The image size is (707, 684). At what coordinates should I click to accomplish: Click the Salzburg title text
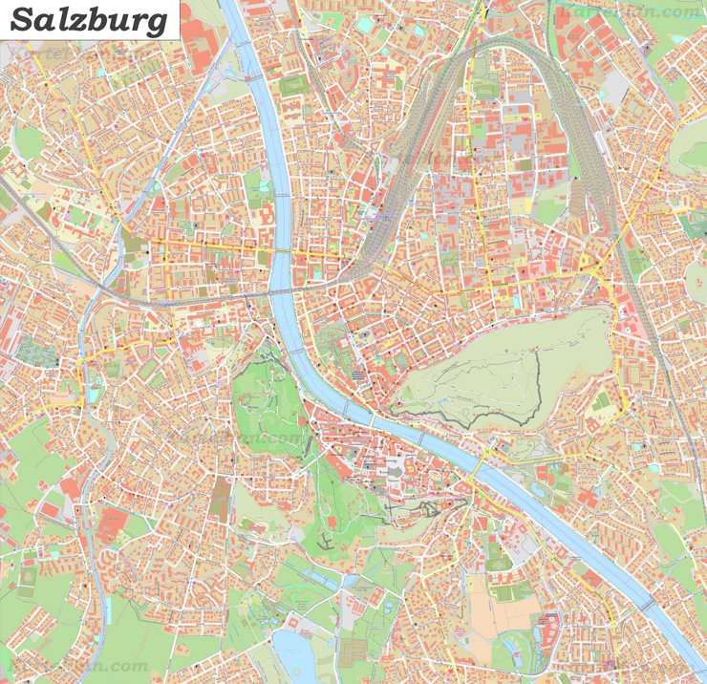91,20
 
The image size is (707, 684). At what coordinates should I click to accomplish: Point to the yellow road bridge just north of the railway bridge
284,251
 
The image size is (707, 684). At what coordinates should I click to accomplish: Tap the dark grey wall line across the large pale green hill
459,417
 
